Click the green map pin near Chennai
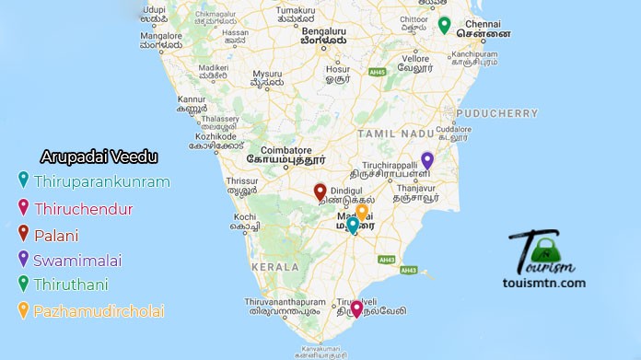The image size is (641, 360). (444, 25)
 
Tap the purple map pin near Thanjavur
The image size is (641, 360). (426, 159)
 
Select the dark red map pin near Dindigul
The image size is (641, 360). (320, 192)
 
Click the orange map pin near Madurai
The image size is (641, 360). (362, 211)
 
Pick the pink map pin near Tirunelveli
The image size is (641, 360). (356, 308)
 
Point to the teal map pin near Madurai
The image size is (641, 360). (352, 225)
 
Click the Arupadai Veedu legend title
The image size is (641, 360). (99, 157)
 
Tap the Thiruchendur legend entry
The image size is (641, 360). (83, 209)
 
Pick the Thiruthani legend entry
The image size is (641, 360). (76, 285)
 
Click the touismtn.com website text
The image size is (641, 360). (547, 283)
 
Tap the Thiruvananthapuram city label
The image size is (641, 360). (286, 301)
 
